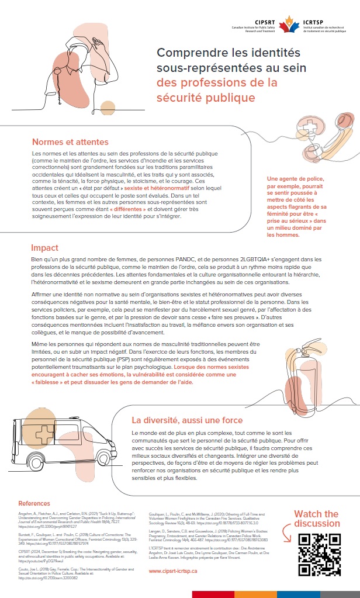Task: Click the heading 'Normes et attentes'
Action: [x=70, y=142]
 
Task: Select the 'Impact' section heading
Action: [x=45, y=248]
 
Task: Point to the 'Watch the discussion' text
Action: [x=316, y=519]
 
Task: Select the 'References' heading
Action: [x=34, y=503]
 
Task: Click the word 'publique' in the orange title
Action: [x=226, y=97]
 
